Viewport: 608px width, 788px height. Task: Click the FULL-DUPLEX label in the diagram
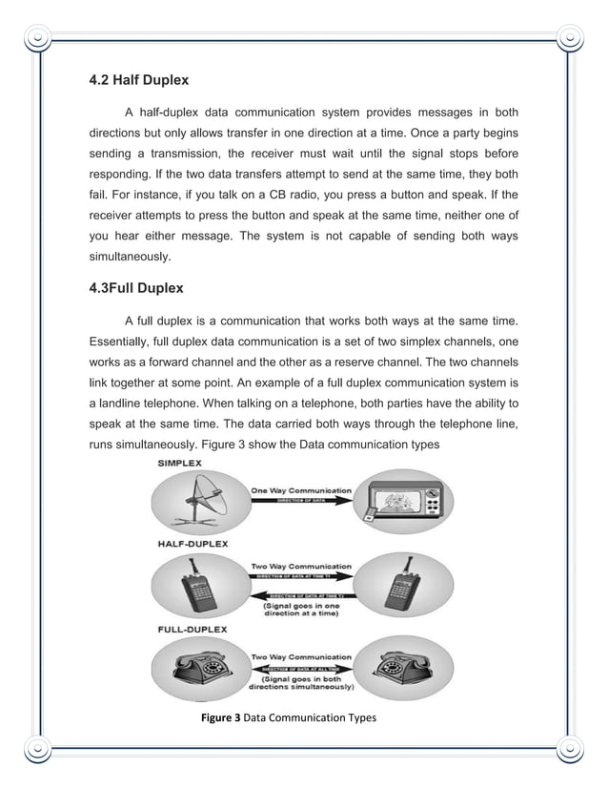click(x=191, y=630)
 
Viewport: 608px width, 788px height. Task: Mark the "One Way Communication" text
click(x=300, y=490)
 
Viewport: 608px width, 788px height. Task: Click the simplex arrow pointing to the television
click(x=300, y=500)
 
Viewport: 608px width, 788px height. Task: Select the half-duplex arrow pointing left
click(x=300, y=596)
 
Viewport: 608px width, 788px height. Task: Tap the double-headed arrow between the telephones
click(x=300, y=667)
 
